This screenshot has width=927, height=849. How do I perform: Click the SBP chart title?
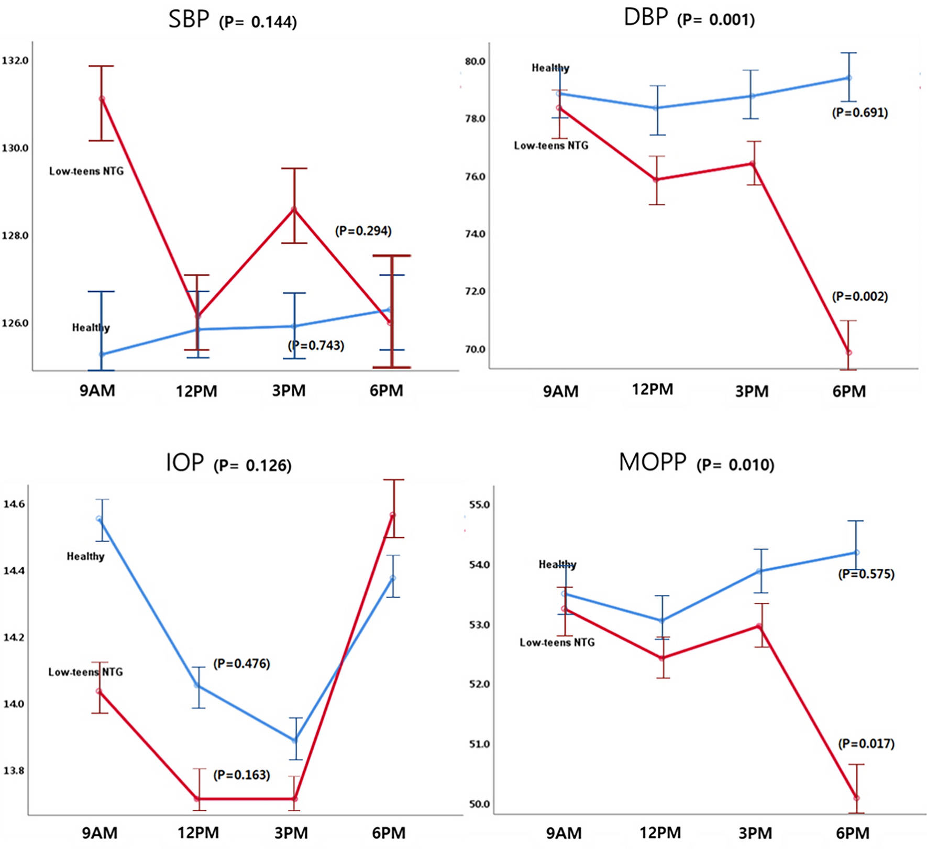click(189, 20)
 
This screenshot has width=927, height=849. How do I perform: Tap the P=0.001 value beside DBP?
click(716, 20)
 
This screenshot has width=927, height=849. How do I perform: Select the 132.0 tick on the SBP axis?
click(15, 61)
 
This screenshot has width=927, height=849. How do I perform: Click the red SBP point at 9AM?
click(102, 99)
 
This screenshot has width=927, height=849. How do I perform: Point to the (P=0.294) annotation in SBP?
click(363, 231)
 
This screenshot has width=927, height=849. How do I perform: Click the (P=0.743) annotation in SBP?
click(316, 346)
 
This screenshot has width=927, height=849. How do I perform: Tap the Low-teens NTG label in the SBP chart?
click(86, 171)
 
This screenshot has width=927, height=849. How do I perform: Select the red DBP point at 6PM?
click(849, 352)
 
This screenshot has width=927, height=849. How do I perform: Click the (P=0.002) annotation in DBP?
click(860, 296)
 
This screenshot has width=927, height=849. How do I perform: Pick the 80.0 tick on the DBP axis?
click(474, 62)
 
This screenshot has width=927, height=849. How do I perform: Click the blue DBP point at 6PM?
click(849, 78)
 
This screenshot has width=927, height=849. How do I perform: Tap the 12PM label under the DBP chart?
click(653, 390)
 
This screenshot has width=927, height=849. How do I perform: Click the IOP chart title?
click(184, 463)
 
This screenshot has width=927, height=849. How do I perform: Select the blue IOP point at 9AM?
click(99, 519)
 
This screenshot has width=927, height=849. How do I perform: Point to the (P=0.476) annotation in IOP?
click(241, 664)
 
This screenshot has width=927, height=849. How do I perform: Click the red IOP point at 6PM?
click(393, 515)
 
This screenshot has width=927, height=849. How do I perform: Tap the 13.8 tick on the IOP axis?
click(14, 771)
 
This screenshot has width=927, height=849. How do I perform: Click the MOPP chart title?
click(653, 462)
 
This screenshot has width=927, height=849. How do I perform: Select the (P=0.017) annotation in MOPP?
click(866, 744)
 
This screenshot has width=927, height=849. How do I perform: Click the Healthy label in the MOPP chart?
click(557, 565)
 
